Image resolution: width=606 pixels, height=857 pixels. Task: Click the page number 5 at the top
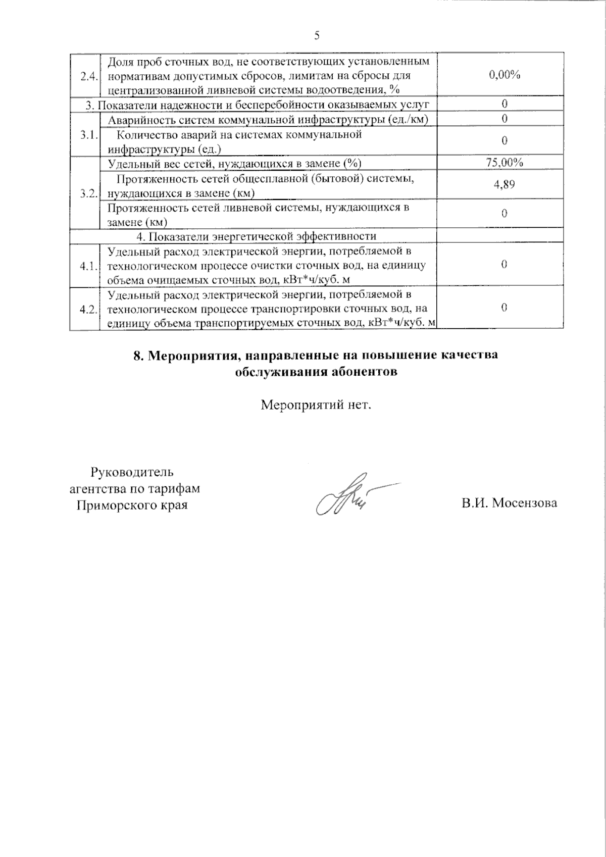[x=317, y=35]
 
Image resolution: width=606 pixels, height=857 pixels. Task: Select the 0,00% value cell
[x=504, y=75]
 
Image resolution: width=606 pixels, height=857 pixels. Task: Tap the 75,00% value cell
[x=504, y=163]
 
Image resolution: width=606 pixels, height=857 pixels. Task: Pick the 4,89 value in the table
[x=504, y=185]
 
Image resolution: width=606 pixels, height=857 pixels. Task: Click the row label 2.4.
[x=89, y=76]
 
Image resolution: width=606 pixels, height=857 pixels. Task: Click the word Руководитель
[x=132, y=472]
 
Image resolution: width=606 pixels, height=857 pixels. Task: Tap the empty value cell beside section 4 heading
[x=504, y=236]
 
